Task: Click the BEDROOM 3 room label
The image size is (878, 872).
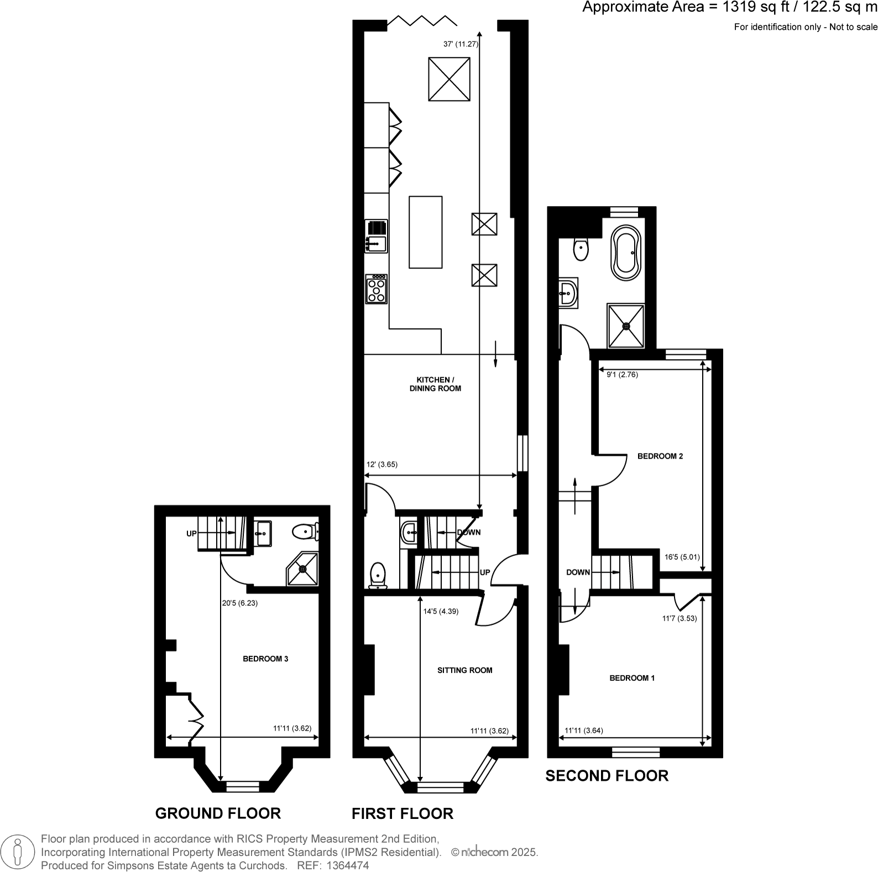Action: point(265,659)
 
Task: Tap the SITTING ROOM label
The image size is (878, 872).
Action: point(464,670)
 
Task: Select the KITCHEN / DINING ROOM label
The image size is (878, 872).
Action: point(435,384)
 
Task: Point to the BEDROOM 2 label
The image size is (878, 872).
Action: point(660,456)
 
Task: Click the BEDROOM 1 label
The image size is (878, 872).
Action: point(632,677)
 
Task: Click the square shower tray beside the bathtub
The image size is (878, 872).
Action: point(626,326)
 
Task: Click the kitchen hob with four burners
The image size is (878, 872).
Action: point(377,288)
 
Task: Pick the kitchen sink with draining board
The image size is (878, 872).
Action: point(377,235)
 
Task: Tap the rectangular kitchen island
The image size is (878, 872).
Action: point(425,232)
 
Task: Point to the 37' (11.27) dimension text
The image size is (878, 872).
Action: point(461,44)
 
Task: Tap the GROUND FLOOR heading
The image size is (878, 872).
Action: point(218,813)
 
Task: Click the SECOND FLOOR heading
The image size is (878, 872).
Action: point(607,776)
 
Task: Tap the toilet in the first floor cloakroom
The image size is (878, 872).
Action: point(378,575)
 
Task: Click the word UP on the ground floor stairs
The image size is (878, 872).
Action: point(191,534)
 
